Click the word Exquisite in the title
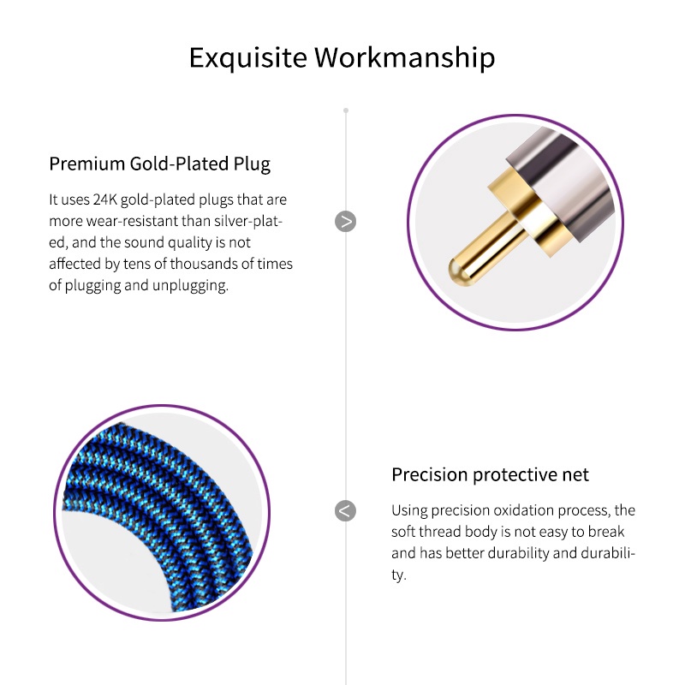(248, 57)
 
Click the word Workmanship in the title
(405, 57)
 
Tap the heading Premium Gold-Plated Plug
(159, 164)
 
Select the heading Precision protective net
(490, 474)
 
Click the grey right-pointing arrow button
(346, 222)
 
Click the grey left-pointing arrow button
(346, 510)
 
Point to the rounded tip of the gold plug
(457, 271)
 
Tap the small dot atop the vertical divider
(346, 110)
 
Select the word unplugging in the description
(190, 286)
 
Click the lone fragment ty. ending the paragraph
(398, 575)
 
